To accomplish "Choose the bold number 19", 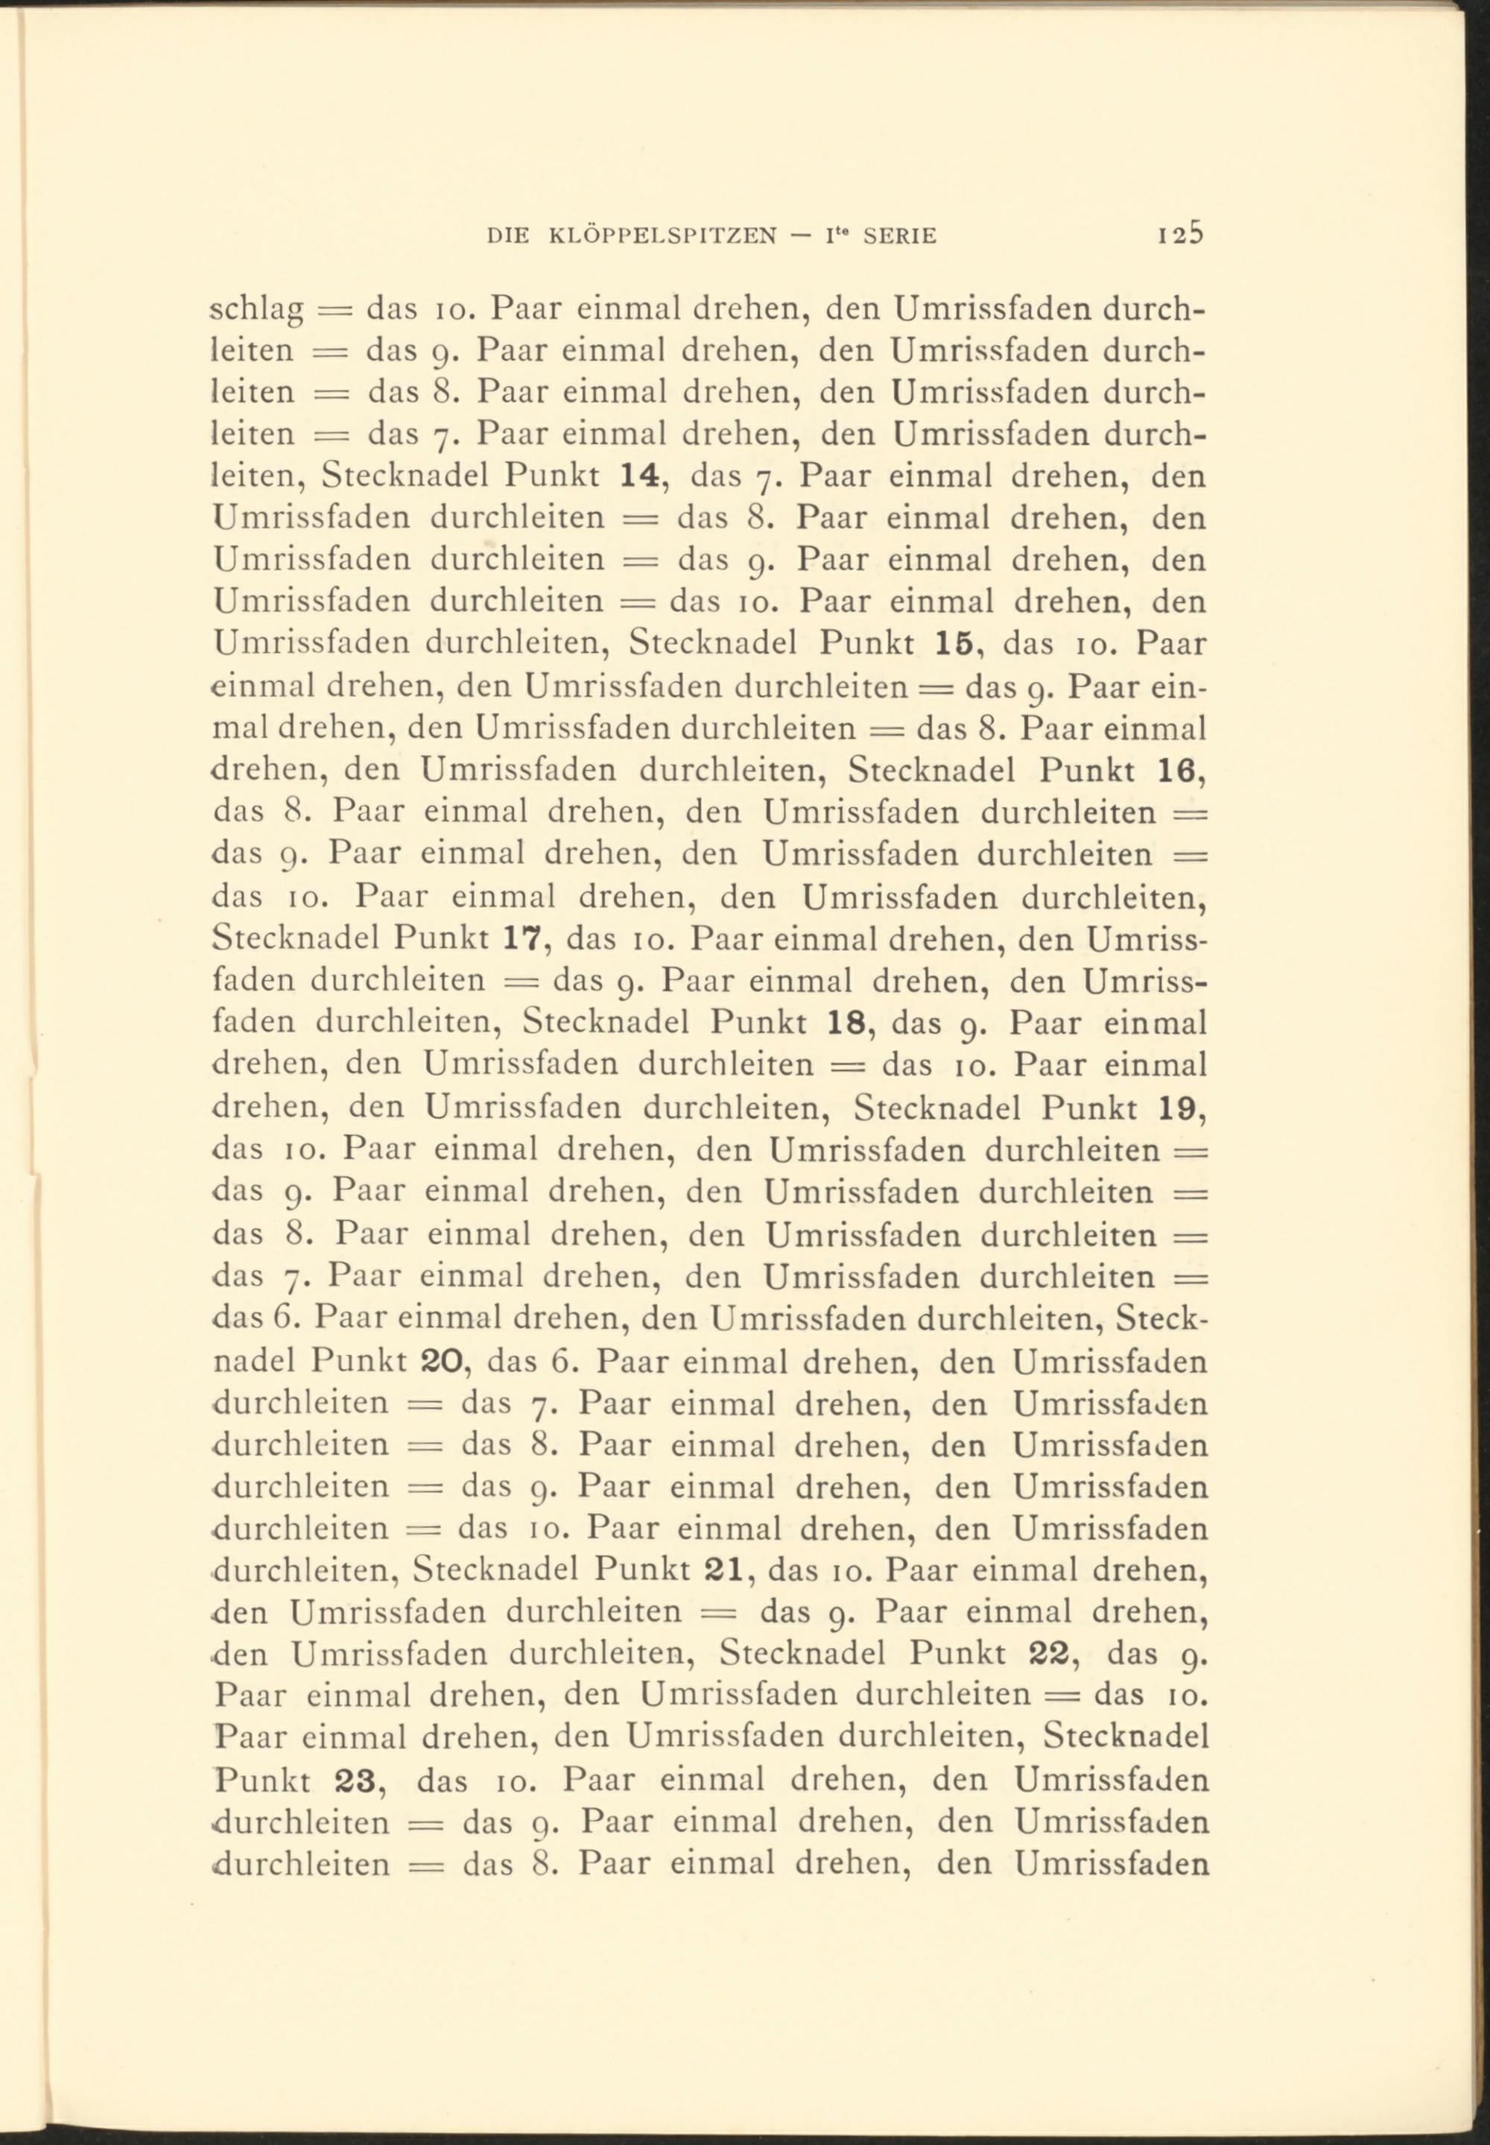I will [1183, 1107].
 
